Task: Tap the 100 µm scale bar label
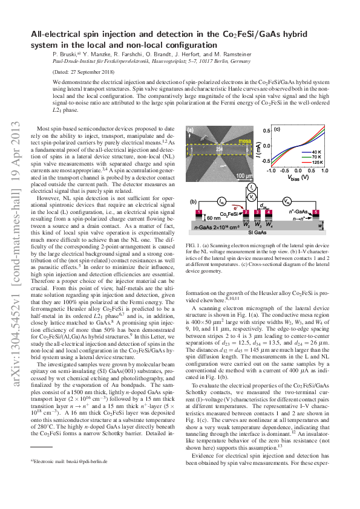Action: coord(243,176)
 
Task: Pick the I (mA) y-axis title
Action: coord(258,148)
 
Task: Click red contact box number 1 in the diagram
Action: coord(198,213)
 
